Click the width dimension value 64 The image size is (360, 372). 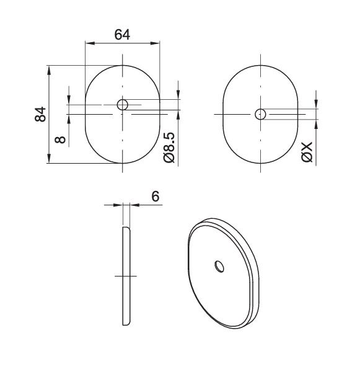pyautogui.click(x=122, y=35)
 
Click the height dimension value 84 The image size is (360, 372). pyautogui.click(x=40, y=114)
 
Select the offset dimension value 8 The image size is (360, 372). pyautogui.click(x=60, y=139)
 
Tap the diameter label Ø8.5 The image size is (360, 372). pyautogui.click(x=169, y=147)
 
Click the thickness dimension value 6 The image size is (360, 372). pyautogui.click(x=155, y=196)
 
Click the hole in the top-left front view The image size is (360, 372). pyautogui.click(x=123, y=104)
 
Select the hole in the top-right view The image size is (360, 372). pyautogui.click(x=261, y=114)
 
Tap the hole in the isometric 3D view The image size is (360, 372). pyautogui.click(x=219, y=266)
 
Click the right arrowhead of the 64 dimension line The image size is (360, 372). pyautogui.click(x=156, y=43)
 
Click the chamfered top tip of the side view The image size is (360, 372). pyautogui.click(x=127, y=229)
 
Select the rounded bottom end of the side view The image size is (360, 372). pyautogui.click(x=126, y=323)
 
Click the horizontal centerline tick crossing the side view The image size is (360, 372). pyautogui.click(x=125, y=276)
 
